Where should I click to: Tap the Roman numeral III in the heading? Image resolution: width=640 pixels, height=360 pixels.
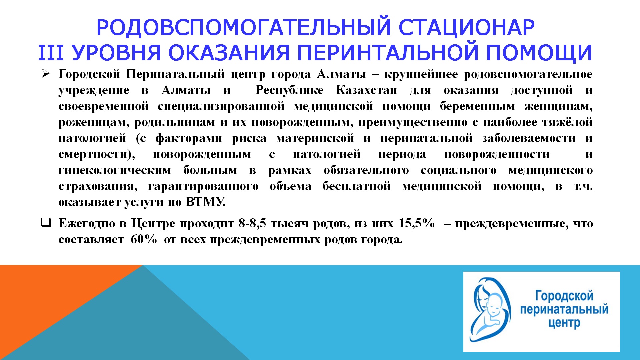pos(51,53)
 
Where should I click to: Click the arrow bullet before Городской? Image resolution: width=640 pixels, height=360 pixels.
pos(46,74)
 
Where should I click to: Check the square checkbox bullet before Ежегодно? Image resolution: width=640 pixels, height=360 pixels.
pos(46,222)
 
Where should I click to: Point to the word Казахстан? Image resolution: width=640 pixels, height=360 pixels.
pos(367,90)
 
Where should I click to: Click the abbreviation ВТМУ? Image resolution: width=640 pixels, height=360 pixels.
pos(205,202)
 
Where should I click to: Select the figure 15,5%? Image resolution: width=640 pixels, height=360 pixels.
pos(417,223)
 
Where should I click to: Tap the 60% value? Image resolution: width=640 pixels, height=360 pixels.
pos(144,239)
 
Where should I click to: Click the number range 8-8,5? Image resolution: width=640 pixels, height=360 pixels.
pos(252,223)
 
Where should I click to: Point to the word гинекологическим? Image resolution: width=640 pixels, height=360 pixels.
pos(115,170)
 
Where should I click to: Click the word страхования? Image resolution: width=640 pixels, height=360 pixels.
pos(98,186)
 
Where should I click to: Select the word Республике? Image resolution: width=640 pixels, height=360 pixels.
pos(289,90)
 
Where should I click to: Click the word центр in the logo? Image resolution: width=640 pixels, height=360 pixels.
pos(564,323)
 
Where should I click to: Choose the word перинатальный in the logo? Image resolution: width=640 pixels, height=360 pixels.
pos(564,309)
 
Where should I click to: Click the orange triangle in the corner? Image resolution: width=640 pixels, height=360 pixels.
pos(50,300)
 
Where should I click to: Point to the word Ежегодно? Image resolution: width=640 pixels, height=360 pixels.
pos(89,223)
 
